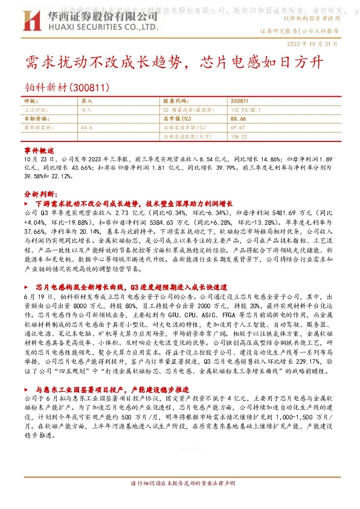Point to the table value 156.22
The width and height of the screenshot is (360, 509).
point(239,137)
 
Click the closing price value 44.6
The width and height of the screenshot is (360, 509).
point(86,128)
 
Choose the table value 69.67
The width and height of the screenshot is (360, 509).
point(237,128)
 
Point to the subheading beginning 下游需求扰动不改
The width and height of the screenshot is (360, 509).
point(138,204)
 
